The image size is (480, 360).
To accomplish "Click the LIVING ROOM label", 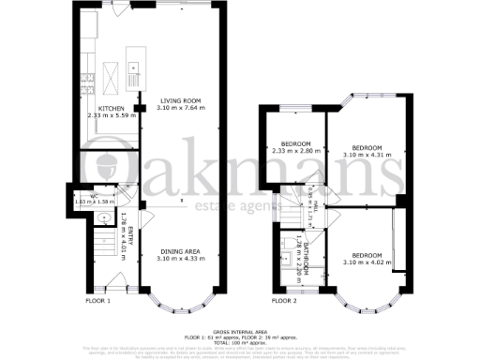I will (x=178, y=100).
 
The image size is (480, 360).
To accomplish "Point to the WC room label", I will (x=84, y=195).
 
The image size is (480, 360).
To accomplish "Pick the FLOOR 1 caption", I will (x=98, y=301).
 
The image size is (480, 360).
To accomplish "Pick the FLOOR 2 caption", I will (x=284, y=301).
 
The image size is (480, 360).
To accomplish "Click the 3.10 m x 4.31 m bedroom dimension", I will (x=367, y=155).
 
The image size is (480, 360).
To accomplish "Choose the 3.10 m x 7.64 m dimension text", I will (x=178, y=108).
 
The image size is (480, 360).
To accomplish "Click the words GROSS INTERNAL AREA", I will (x=239, y=332).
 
